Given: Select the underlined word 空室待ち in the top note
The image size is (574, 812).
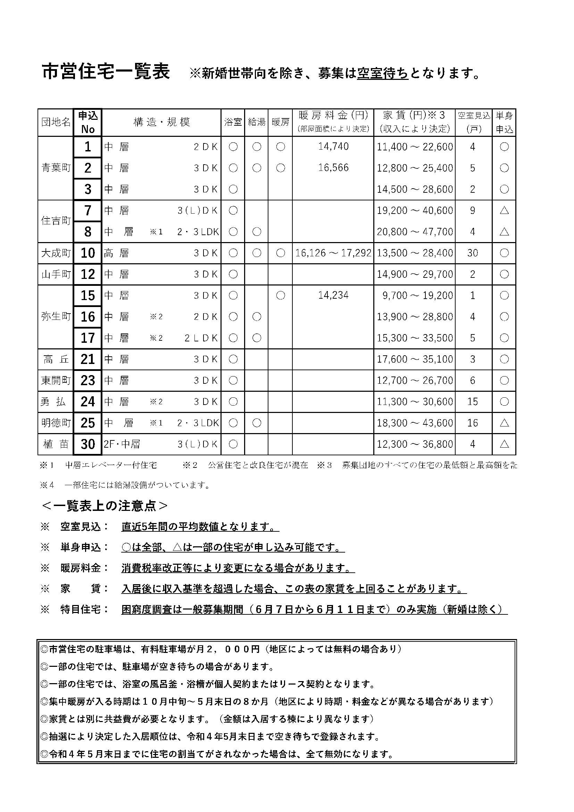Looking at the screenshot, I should (383, 73).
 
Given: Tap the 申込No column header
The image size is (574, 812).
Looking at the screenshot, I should (88, 122).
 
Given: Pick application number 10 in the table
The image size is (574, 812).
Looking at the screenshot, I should (88, 253).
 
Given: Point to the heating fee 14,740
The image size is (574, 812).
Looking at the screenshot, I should (333, 147).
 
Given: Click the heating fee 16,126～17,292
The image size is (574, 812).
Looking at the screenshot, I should (333, 253).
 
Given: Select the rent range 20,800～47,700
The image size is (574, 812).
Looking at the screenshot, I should (415, 232).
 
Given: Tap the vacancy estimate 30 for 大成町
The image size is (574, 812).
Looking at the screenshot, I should (473, 253).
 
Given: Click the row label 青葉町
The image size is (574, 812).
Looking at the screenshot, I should (56, 168).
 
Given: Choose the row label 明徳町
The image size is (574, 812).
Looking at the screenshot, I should (56, 423).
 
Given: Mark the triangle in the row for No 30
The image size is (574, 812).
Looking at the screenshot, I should (504, 444).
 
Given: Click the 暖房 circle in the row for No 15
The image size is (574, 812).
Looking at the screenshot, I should (280, 296).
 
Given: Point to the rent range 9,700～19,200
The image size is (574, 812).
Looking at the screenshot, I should (417, 296).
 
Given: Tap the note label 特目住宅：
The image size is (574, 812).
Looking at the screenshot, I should (85, 610).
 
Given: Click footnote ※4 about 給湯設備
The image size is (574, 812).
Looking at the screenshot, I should (126, 485).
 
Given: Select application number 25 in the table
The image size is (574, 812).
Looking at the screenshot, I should (88, 423).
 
